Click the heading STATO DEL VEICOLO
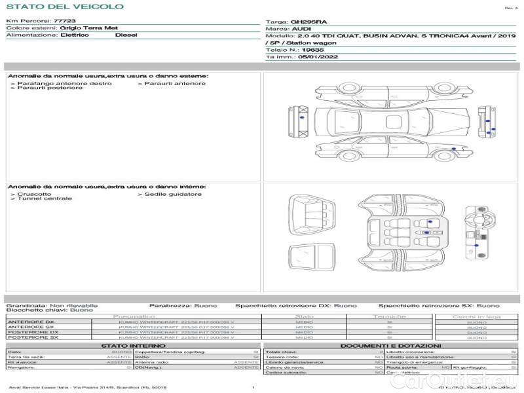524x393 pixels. pos(65,7)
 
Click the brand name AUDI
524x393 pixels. pos(301,29)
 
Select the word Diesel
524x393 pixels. pos(126,35)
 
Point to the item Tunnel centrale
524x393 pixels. pos(45,198)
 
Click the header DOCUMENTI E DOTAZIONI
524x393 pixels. pos(390,346)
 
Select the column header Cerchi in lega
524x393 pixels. pos(476,317)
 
